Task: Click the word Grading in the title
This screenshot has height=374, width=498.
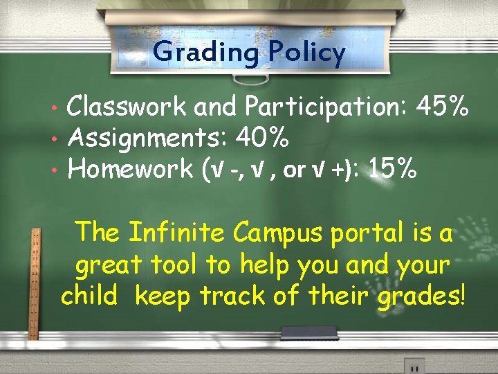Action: coord(205,52)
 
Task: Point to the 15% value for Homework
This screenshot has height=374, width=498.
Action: coord(394,168)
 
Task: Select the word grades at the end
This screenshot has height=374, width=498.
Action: coord(424,296)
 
